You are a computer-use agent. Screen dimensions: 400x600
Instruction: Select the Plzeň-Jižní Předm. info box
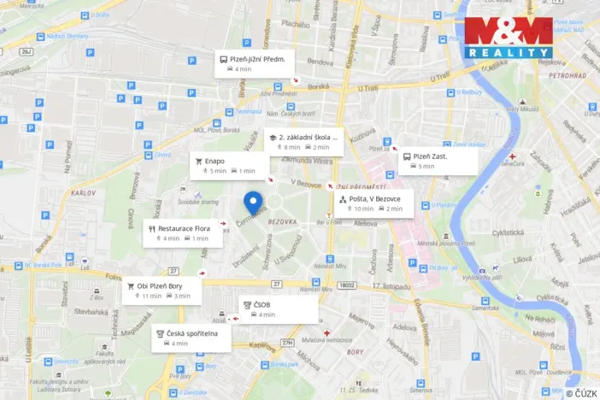256,63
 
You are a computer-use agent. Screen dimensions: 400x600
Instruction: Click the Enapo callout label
228,165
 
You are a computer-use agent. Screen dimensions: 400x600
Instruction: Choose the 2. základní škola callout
303,142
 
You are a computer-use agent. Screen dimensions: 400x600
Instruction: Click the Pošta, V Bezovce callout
374,203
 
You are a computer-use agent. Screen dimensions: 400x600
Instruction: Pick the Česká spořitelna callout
191,337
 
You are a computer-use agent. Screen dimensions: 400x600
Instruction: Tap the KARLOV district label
85,193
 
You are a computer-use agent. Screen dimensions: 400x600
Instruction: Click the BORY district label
354,351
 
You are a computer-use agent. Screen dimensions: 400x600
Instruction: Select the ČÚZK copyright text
581,392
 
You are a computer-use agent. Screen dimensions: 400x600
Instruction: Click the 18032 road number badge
345,285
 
